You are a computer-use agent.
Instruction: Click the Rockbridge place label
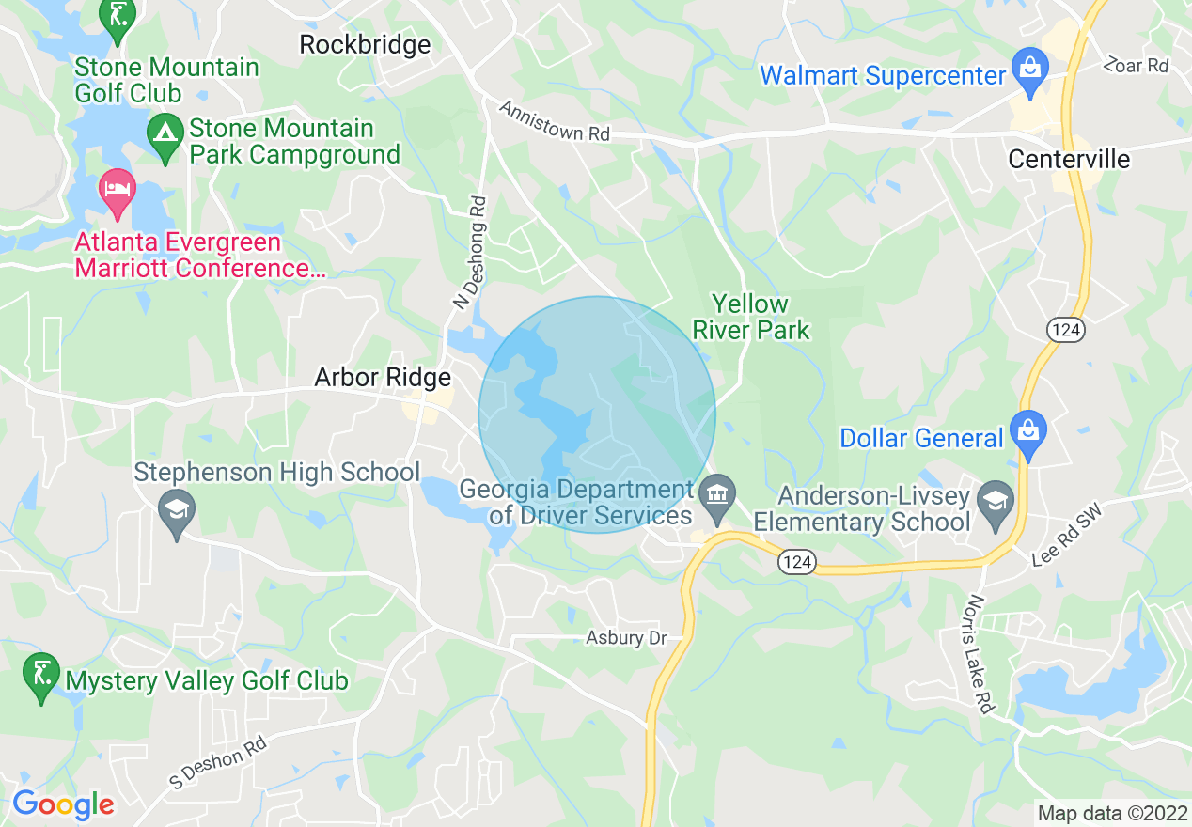(365, 44)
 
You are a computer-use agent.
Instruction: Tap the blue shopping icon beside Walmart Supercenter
(1030, 70)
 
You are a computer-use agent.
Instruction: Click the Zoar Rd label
(1137, 65)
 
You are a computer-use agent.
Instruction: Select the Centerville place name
(1069, 159)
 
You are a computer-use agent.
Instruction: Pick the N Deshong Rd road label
(469, 252)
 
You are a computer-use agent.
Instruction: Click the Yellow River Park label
(751, 317)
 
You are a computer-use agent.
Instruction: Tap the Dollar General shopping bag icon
(1028, 432)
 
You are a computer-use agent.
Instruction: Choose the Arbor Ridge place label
(383, 378)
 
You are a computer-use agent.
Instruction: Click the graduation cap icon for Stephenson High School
(176, 511)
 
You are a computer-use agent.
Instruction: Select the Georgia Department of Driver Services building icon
(717, 494)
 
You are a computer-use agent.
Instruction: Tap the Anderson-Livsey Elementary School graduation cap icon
(995, 500)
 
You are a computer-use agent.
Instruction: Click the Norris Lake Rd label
(981, 654)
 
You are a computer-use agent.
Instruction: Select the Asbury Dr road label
(626, 638)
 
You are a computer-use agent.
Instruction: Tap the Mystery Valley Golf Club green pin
(40, 676)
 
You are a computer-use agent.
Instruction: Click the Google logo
(63, 804)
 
